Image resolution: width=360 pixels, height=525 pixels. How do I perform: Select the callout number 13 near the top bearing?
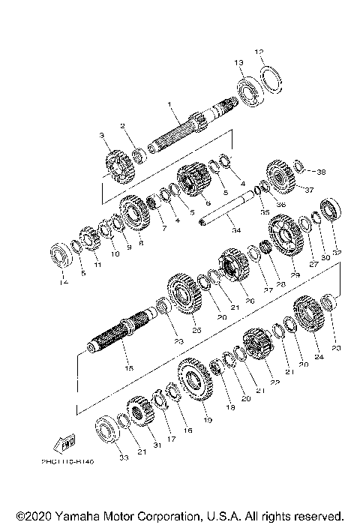point(238,61)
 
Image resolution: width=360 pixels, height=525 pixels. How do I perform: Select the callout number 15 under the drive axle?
point(128,368)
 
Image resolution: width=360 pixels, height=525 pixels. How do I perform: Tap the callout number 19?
point(208,421)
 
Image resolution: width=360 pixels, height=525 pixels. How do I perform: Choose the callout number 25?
point(197,329)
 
